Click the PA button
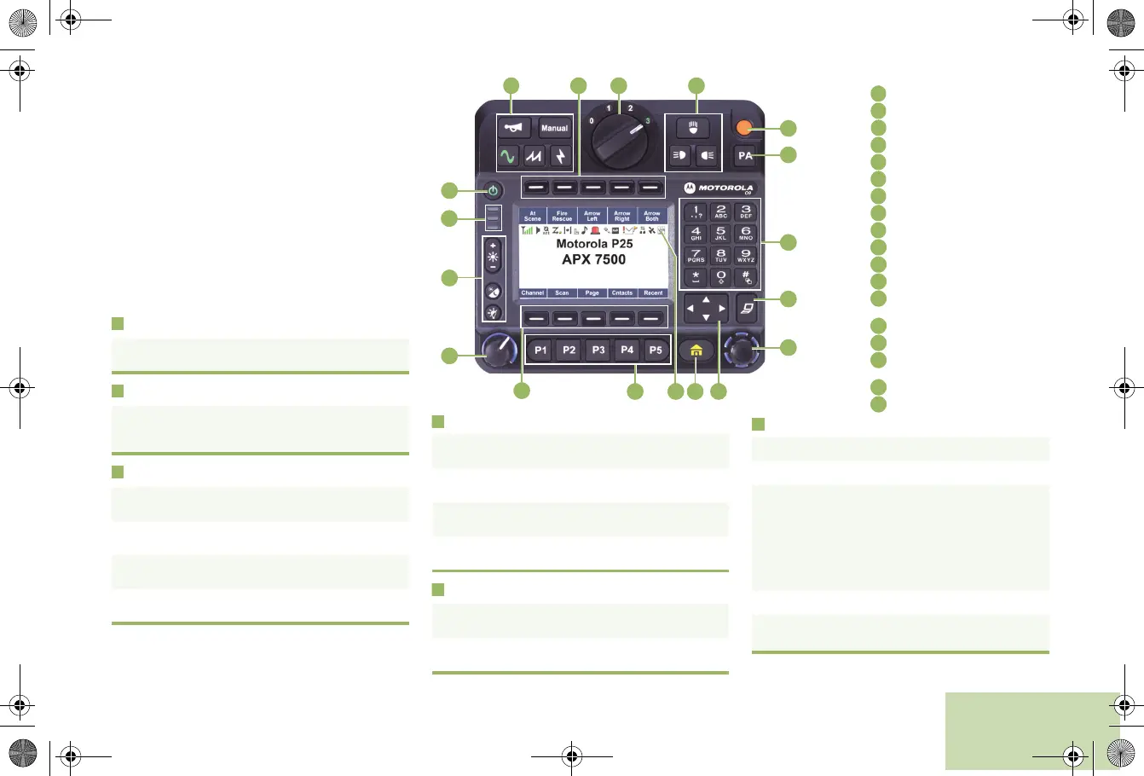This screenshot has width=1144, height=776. (746, 156)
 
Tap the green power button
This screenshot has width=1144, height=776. (493, 189)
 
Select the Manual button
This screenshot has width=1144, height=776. (554, 128)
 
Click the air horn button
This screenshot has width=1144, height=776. (514, 128)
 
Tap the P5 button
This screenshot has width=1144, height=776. (656, 350)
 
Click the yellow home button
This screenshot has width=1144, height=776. (696, 350)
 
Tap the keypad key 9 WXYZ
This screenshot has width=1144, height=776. (746, 255)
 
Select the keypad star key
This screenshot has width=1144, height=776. (696, 277)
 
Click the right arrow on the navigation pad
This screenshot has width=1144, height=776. (722, 308)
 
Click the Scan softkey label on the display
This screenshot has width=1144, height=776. (562, 292)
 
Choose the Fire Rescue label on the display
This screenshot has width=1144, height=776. (562, 217)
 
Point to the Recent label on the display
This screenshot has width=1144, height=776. (653, 292)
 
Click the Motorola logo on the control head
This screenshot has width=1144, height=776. (719, 188)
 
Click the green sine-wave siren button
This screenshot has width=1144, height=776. (508, 156)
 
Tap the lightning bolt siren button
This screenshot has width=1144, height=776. (560, 156)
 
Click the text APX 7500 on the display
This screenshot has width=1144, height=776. (593, 259)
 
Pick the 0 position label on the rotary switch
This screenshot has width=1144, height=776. (591, 120)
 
